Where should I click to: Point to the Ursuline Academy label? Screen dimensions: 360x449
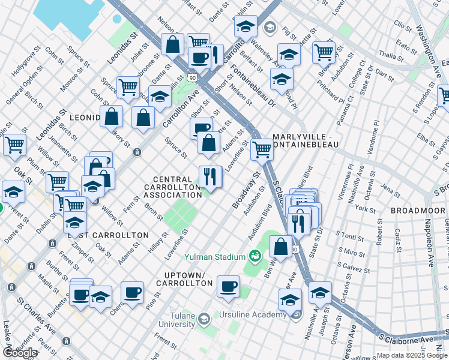252,315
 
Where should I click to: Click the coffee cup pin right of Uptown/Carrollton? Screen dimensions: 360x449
228,286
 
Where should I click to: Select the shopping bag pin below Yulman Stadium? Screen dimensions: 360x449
280,246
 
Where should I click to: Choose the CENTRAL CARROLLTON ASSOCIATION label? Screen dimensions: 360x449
176,187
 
